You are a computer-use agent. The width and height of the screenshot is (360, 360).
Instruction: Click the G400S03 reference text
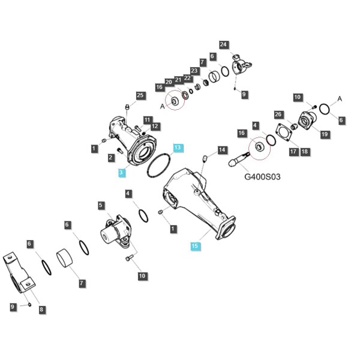(x=262, y=177)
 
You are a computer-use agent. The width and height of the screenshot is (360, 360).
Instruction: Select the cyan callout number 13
(x=178, y=148)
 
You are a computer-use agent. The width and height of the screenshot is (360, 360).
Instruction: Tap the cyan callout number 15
(x=194, y=246)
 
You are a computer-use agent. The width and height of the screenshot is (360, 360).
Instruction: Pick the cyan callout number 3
(x=121, y=172)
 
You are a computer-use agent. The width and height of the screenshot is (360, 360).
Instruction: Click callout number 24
(x=223, y=44)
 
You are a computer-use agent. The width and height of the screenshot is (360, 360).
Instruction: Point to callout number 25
(x=140, y=95)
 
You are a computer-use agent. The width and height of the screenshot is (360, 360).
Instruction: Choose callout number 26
(x=278, y=115)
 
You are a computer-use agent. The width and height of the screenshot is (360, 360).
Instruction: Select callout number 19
(x=325, y=134)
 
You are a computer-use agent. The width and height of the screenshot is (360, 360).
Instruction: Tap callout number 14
(x=222, y=150)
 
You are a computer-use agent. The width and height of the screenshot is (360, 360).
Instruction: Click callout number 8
(x=41, y=309)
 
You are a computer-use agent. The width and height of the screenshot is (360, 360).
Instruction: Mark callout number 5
(x=101, y=205)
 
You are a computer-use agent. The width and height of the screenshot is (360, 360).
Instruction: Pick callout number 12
(x=155, y=126)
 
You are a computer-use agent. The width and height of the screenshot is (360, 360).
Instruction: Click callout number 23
(x=194, y=70)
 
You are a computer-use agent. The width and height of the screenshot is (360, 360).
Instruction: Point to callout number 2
(x=111, y=157)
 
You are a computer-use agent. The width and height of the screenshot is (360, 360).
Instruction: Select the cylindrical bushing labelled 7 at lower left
(x=65, y=259)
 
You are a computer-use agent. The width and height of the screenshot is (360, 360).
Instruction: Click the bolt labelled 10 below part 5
(x=128, y=257)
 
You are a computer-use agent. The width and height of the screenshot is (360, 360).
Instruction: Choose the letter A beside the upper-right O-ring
(x=340, y=99)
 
